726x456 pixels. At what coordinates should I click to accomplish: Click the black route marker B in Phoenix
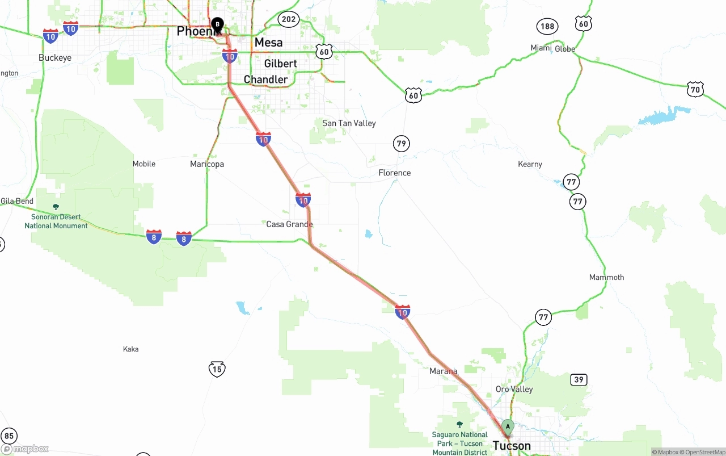click(217, 24)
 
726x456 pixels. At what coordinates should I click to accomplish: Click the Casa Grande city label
click(289, 224)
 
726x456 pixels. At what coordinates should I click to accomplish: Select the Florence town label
click(394, 173)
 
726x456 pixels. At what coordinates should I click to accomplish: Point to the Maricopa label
click(207, 164)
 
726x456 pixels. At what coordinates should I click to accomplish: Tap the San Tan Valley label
click(349, 123)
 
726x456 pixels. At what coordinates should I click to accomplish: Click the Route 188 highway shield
click(547, 26)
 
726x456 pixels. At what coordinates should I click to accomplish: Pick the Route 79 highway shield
click(402, 144)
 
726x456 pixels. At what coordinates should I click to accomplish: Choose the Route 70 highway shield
click(695, 89)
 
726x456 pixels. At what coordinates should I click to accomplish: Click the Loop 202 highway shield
click(288, 19)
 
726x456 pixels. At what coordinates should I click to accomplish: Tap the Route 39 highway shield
click(579, 379)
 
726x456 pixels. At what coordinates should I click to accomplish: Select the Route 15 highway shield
click(217, 369)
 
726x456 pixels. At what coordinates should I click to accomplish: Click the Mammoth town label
click(606, 277)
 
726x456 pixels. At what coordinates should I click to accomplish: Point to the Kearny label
click(530, 164)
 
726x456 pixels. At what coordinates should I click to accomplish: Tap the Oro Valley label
click(514, 389)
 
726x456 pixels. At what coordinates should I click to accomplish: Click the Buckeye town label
click(55, 58)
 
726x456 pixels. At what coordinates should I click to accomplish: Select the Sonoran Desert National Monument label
click(56, 221)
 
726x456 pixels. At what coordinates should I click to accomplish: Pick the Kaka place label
click(130, 349)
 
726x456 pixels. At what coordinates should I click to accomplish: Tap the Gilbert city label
click(280, 64)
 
